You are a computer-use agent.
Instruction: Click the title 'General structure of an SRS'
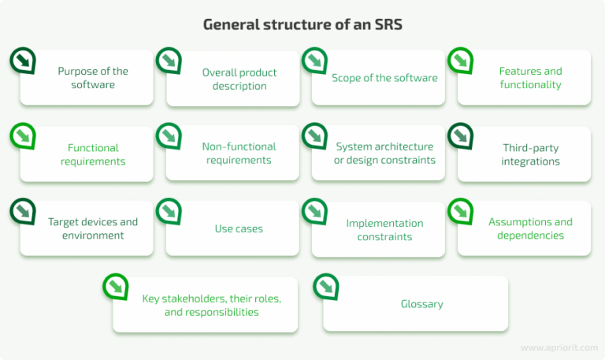coord(302,24)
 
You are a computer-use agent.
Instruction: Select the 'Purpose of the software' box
coord(92,77)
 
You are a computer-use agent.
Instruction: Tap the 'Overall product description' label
coord(239,79)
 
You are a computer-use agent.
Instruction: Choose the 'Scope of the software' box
coord(384,78)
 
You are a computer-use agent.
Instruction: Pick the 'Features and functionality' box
coord(530,77)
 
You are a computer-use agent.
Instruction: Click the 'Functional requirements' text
coord(93,154)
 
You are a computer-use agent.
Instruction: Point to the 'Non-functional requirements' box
coord(239,154)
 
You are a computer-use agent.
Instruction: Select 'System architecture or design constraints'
coord(384,154)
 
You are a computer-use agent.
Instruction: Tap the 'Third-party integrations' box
coord(530,154)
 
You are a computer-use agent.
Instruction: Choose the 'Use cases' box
coord(239,229)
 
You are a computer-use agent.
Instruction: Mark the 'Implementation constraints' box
coord(384,229)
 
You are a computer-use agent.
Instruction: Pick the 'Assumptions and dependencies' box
coord(530,228)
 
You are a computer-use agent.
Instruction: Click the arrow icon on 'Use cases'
coord(169,210)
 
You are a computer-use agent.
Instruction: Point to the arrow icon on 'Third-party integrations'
coord(461,135)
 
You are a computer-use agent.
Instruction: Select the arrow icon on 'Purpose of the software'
coord(23,61)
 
